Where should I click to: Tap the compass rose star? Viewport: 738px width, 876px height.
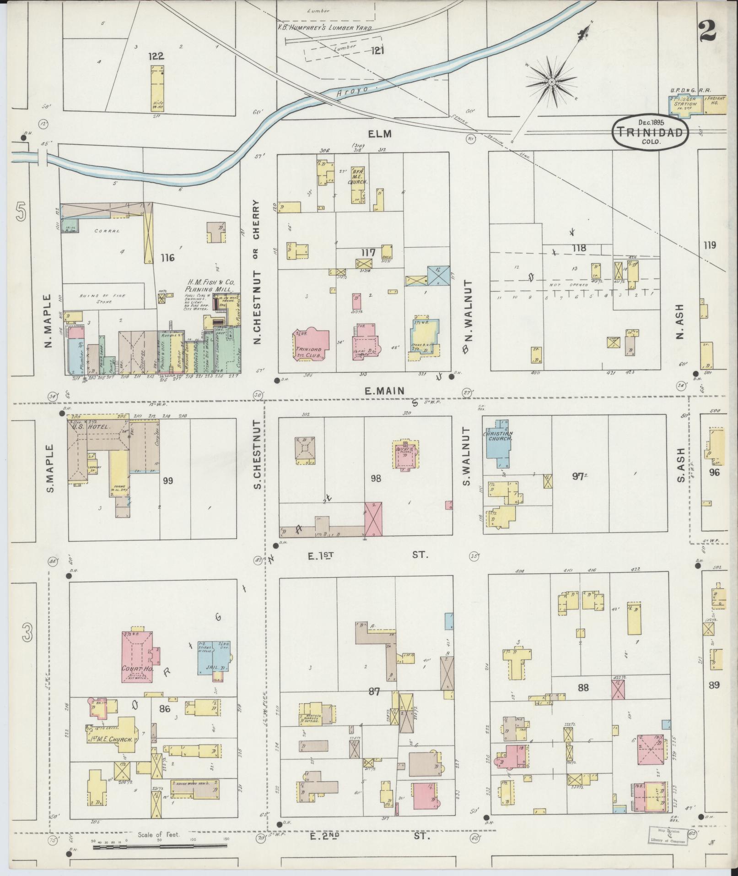point(552,82)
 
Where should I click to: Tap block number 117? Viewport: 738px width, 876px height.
point(368,252)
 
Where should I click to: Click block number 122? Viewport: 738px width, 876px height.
point(156,56)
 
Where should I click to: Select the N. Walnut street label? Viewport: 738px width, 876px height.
point(467,317)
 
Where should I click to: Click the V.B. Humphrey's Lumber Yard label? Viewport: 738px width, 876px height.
point(324,27)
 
